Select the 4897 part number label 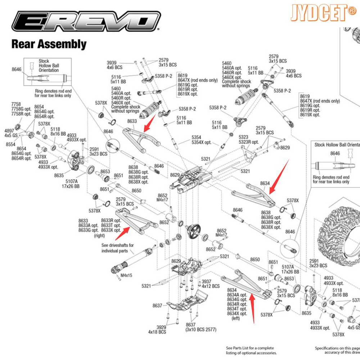[x=9, y=131]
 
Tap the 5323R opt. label [x=248, y=142]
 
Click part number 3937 [x=206, y=282]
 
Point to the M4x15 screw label [x=126, y=275]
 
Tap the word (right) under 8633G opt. [x=99, y=235]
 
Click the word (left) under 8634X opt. [x=236, y=318]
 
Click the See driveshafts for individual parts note [x=117, y=248]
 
